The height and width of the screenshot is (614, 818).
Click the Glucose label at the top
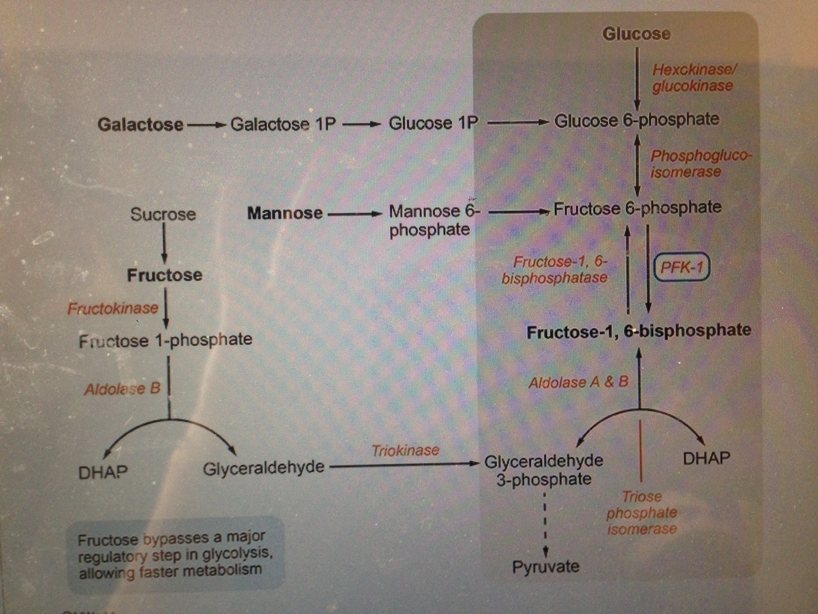[x=636, y=34]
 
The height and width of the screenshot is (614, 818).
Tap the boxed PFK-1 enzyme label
[x=681, y=267]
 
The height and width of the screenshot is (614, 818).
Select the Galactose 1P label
[x=283, y=124]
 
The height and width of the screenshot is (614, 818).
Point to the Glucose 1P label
[x=433, y=123]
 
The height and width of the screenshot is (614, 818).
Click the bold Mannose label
[x=285, y=213]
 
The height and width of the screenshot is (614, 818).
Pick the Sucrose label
[x=163, y=214]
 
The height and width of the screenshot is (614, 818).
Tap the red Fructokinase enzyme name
[x=113, y=308]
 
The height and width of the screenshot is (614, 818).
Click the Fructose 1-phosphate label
[x=166, y=340]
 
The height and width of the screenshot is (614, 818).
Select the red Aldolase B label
[x=122, y=389]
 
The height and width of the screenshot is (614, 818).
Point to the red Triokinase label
[x=405, y=450]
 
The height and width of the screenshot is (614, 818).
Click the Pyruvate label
[x=545, y=566]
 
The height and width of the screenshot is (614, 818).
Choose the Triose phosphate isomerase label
[x=641, y=513]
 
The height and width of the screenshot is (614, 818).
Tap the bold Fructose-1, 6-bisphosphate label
[x=638, y=331]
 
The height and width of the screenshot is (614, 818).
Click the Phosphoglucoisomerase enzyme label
[x=699, y=164]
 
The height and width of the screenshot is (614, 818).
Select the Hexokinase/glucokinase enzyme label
[x=693, y=78]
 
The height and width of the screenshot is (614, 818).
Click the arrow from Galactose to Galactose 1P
[x=207, y=125]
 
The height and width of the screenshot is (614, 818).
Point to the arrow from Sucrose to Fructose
[x=164, y=244]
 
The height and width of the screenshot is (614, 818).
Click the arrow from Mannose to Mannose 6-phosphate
[x=354, y=214]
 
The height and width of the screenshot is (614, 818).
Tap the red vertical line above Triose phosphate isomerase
[x=641, y=451]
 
